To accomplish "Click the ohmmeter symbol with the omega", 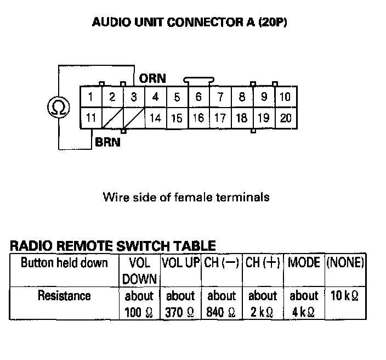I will click(x=58, y=107).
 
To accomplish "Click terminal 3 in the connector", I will click(x=133, y=98).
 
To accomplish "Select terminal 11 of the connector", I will click(x=91, y=118).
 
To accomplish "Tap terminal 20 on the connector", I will click(x=285, y=118).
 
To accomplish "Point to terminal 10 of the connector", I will click(x=285, y=98).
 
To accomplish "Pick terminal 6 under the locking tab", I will click(x=198, y=98).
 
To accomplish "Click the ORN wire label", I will click(x=152, y=79).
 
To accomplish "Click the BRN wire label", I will click(x=107, y=142).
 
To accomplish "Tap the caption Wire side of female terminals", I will click(x=186, y=196).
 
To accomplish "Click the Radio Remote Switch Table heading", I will click(x=113, y=246).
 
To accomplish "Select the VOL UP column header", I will click(x=180, y=262).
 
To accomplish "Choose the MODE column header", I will click(x=304, y=262).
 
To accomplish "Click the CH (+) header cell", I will click(x=263, y=262).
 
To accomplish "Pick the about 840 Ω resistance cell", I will click(x=222, y=304).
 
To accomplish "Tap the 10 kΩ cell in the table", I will click(x=345, y=296).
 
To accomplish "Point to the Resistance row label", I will click(x=64, y=296).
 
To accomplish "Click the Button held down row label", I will click(x=64, y=262).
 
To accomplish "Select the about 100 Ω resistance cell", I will click(x=139, y=304).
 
